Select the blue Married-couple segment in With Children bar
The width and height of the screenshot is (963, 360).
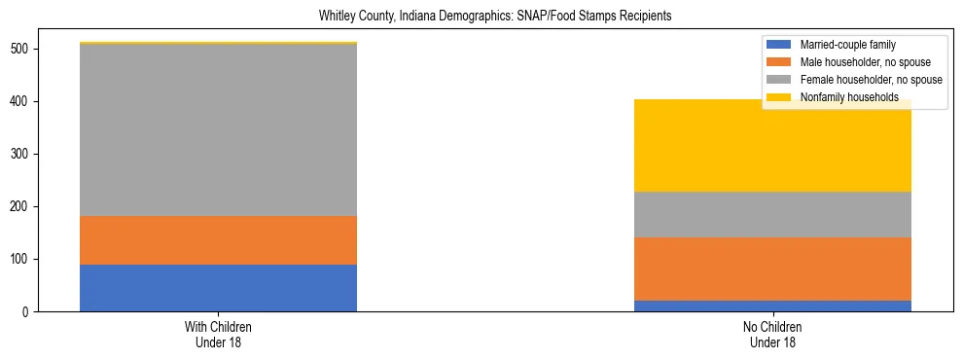point(218,288)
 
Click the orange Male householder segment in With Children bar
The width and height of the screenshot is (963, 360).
point(218,240)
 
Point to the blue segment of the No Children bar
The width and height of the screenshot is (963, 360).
point(772,306)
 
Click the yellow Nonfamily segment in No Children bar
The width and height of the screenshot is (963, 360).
point(772,146)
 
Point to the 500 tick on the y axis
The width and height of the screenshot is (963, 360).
point(23,49)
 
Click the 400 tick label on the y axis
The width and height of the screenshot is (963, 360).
point(23,101)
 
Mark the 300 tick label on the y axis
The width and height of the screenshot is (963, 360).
point(23,154)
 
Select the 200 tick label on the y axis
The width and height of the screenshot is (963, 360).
point(23,206)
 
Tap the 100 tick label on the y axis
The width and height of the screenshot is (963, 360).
point(23,259)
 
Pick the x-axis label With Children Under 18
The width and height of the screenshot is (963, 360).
point(218,334)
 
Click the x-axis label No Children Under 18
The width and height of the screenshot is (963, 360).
point(772,334)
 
